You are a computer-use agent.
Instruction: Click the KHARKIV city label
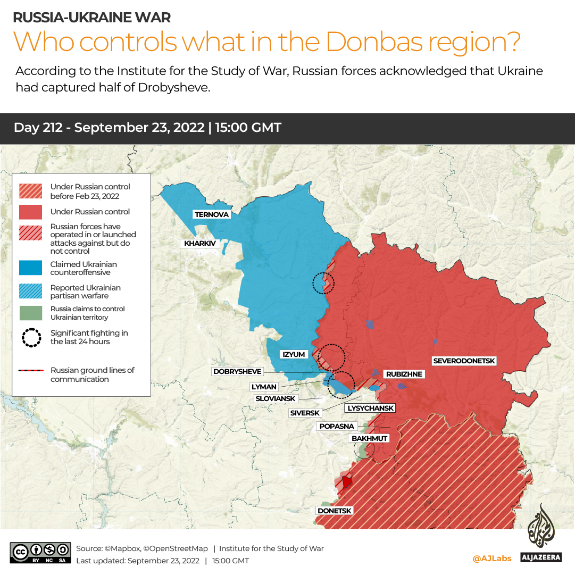coord(199,244)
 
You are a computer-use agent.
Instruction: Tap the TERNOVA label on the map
coord(212,214)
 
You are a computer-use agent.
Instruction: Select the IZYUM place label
coord(294,354)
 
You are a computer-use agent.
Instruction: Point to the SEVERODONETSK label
coord(464,361)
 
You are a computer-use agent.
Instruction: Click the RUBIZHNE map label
coord(404,374)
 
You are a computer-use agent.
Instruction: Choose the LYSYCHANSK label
coord(371,408)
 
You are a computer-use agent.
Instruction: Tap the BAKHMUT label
coord(369,438)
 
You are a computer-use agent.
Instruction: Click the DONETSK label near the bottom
coord(335,511)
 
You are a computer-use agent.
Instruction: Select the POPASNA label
coord(337,426)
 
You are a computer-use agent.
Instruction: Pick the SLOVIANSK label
coord(275,398)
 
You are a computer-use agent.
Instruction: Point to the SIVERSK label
coord(305,413)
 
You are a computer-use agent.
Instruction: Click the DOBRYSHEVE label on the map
coord(237,372)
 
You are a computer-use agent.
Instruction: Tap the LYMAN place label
coord(264,387)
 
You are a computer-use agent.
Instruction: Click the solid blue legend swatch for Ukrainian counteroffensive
coord(30,268)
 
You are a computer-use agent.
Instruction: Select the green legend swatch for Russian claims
coord(30,313)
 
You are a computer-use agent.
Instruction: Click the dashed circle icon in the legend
coord(31,338)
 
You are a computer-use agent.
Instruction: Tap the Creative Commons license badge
coord(40,553)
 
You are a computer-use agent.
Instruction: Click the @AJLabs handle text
coord(492,558)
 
